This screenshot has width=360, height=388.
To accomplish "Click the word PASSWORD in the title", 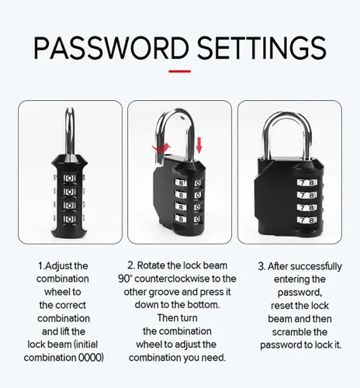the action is tap(111, 48).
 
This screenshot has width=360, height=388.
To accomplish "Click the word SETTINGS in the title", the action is tap(261, 48).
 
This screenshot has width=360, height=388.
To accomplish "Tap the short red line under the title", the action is tap(180, 71).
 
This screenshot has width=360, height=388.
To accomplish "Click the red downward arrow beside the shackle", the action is tap(199, 145).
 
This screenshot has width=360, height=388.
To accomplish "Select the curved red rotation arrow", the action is tap(161, 148).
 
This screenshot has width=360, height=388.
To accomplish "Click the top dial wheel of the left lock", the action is tap(70, 178).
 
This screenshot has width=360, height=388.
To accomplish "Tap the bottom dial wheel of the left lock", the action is tap(70, 220).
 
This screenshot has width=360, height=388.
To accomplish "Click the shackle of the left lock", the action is tap(70, 132).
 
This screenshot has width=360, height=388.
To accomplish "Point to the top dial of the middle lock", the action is tap(189, 183).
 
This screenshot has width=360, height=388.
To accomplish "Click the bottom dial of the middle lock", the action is tap(189, 219).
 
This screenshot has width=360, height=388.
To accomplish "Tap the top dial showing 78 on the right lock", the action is tap(307, 182).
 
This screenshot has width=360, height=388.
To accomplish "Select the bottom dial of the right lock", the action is tap(307, 220).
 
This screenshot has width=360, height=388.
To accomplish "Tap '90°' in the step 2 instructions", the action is tap(125, 279).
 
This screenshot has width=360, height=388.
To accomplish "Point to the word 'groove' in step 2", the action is tap(163, 293).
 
